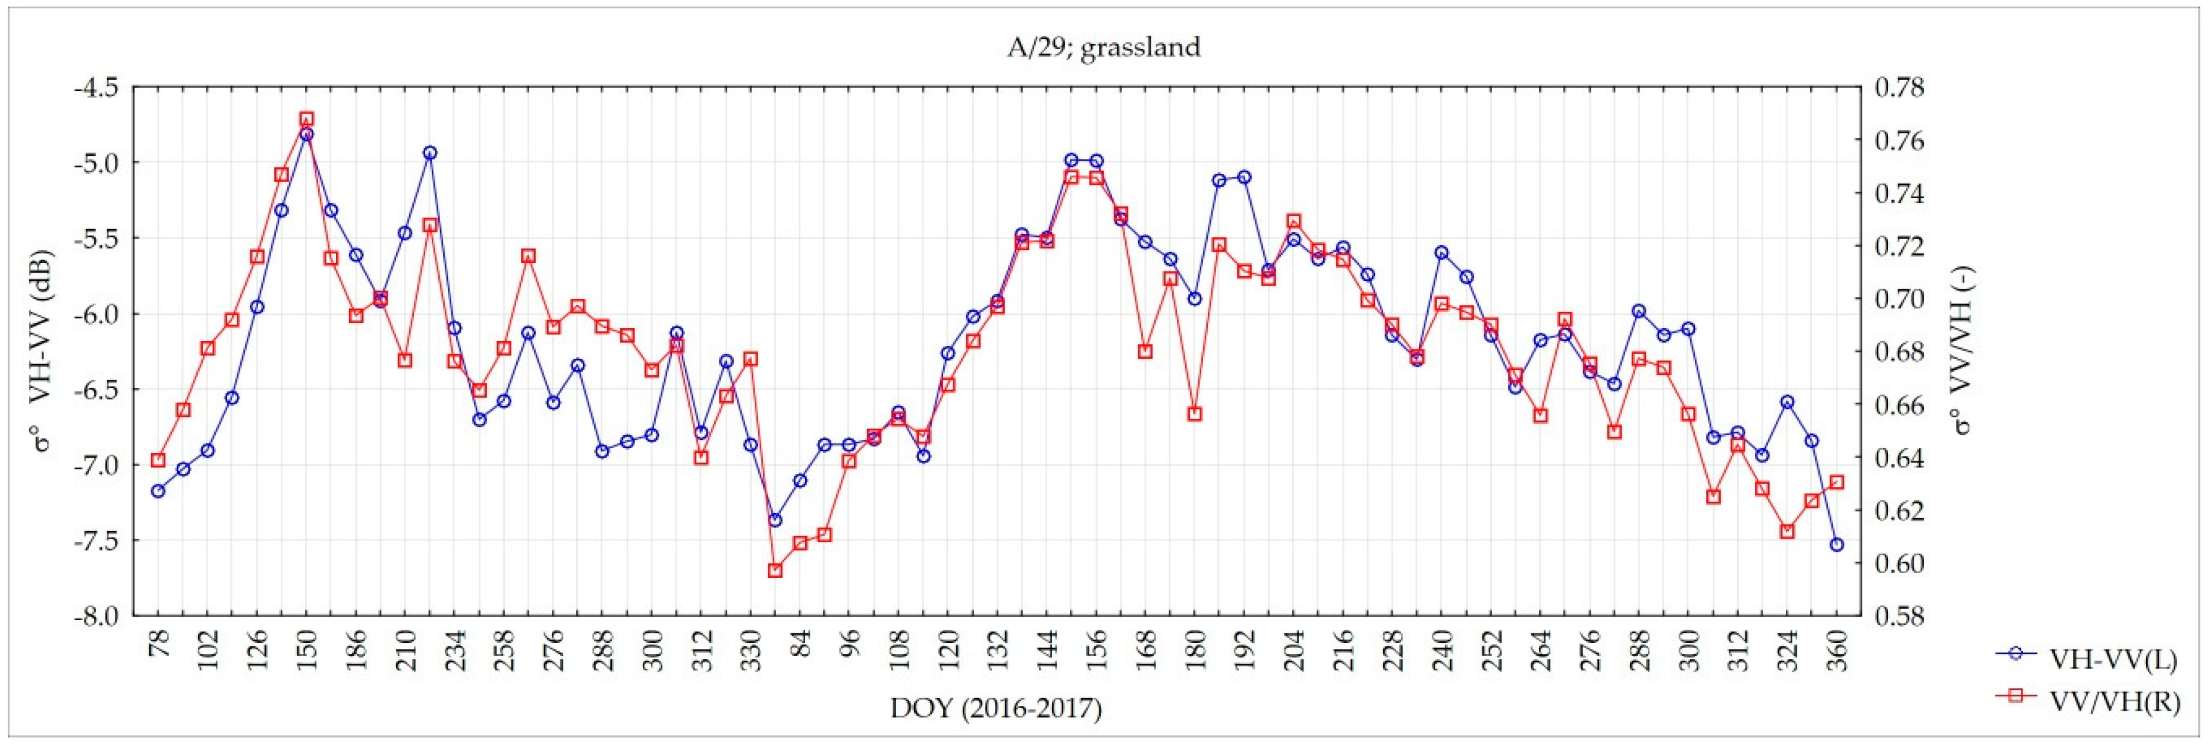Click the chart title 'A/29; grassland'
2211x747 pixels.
(1103, 46)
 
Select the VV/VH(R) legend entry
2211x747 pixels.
(2112, 702)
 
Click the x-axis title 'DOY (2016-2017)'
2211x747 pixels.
(995, 708)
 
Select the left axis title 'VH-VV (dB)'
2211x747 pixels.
(42, 352)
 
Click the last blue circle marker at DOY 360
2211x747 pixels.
(1837, 545)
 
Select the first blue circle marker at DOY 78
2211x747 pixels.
(158, 491)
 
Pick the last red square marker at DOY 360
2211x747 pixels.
(1837, 483)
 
